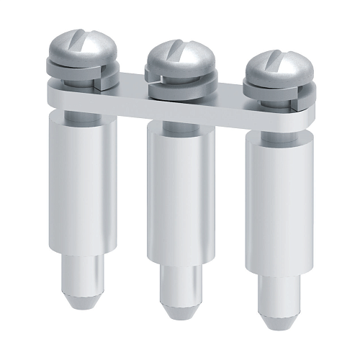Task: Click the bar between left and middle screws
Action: point(130,96)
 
